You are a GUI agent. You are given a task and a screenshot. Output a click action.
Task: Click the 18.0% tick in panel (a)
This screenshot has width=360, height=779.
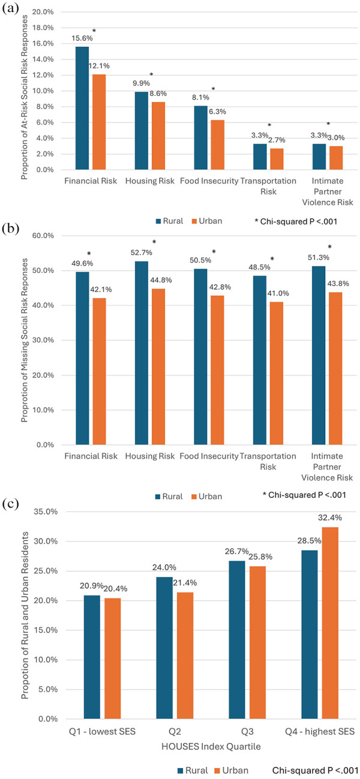(x=44, y=28)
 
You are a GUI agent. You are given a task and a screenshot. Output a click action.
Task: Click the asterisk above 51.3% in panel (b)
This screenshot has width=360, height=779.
(x=328, y=247)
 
